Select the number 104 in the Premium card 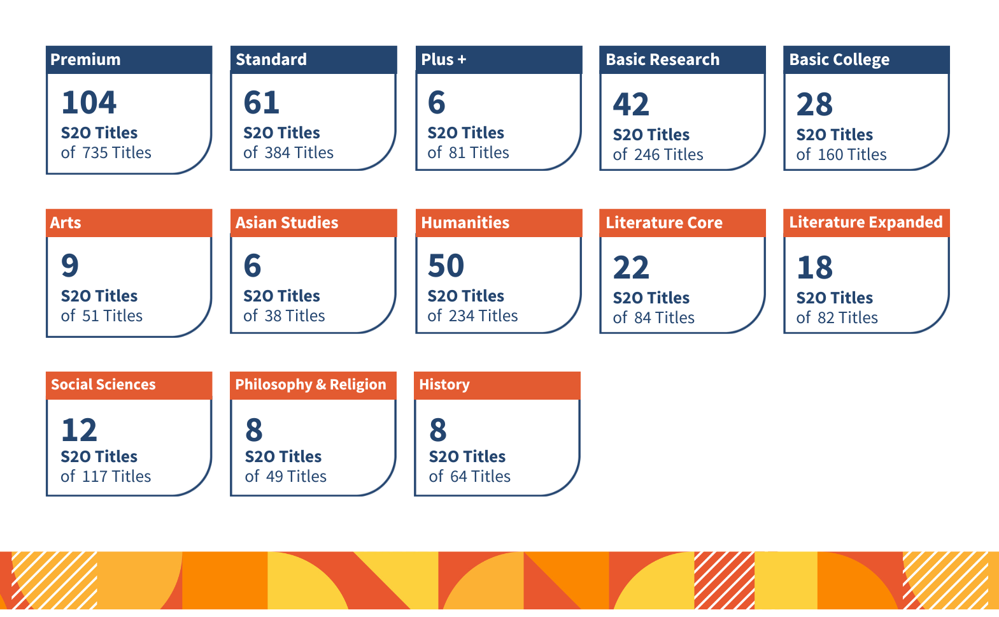pyautogui.click(x=89, y=103)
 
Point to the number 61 pyautogui.click(x=261, y=103)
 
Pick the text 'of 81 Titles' pyautogui.click(x=468, y=153)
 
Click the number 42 pyautogui.click(x=631, y=105)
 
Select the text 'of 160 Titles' pyautogui.click(x=841, y=155)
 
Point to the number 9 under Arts pyautogui.click(x=70, y=266)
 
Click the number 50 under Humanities pyautogui.click(x=446, y=266)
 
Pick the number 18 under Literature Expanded pyautogui.click(x=814, y=268)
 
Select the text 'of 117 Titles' pyautogui.click(x=106, y=477)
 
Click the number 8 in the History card pyautogui.click(x=438, y=430)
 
